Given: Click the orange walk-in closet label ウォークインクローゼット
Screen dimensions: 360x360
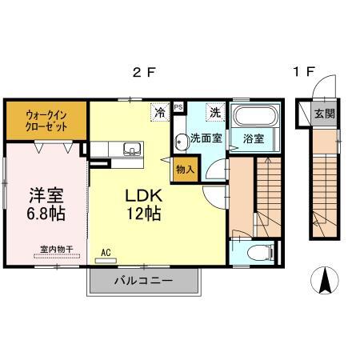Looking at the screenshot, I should click(x=45, y=121).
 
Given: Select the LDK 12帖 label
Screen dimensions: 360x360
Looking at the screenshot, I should click(x=143, y=205).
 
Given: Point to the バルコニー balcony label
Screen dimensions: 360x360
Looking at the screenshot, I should click(x=142, y=281).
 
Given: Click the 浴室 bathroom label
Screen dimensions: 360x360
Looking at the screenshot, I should click(x=255, y=138).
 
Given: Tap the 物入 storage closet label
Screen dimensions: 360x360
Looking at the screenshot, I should click(x=185, y=170).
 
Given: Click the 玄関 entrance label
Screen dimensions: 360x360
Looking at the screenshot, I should click(x=323, y=113).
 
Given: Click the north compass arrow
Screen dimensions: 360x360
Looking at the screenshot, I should click(x=326, y=280).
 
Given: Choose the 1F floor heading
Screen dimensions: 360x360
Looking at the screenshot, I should click(x=302, y=72).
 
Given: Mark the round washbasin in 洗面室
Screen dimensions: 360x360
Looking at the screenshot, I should click(x=182, y=136).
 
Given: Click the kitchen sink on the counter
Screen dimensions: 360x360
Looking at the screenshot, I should click(x=130, y=148).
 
